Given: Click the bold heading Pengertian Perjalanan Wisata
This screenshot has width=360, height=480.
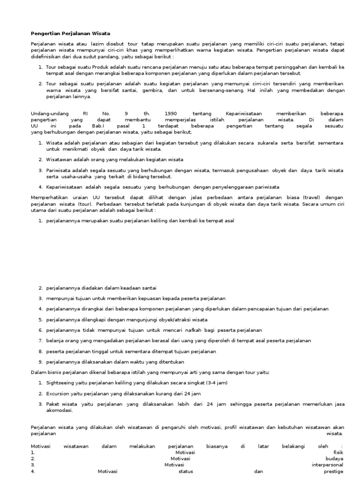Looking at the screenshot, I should click(70, 34).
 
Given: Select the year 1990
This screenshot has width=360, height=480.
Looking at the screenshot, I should click(171, 113).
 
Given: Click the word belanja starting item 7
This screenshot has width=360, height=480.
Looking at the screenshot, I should click(55, 341).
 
